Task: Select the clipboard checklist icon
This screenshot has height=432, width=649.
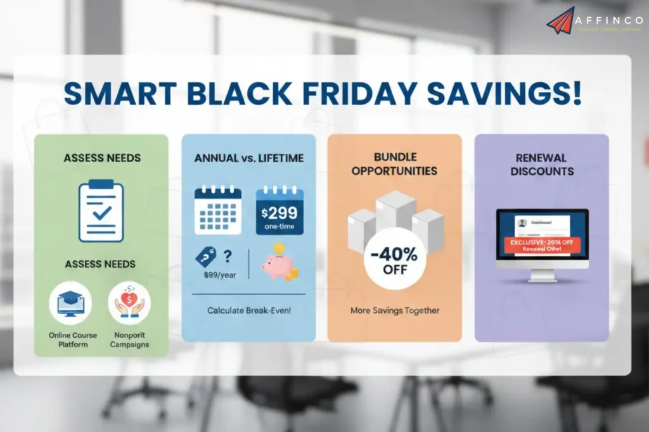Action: [x=101, y=212]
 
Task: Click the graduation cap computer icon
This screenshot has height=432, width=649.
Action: [x=70, y=303]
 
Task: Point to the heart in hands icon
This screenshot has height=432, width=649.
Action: [x=129, y=303]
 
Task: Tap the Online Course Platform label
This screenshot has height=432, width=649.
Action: [x=72, y=340]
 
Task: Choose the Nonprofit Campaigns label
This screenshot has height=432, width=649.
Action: [x=129, y=340]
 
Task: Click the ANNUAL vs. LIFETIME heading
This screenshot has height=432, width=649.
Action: [x=248, y=158]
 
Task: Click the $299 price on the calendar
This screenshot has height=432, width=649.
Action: [x=280, y=213]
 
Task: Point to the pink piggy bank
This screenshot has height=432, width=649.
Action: [x=276, y=265]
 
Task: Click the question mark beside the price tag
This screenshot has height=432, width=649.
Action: [x=228, y=256]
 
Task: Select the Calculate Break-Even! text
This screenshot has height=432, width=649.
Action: [x=248, y=310]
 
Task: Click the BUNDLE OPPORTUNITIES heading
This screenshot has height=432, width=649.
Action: [x=394, y=164]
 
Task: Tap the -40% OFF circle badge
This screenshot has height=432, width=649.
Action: [x=395, y=259]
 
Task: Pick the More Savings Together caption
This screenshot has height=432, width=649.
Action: [x=395, y=310]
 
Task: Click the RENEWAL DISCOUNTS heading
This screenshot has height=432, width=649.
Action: [x=541, y=164]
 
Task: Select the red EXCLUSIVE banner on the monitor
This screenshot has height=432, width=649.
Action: [x=542, y=245]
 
